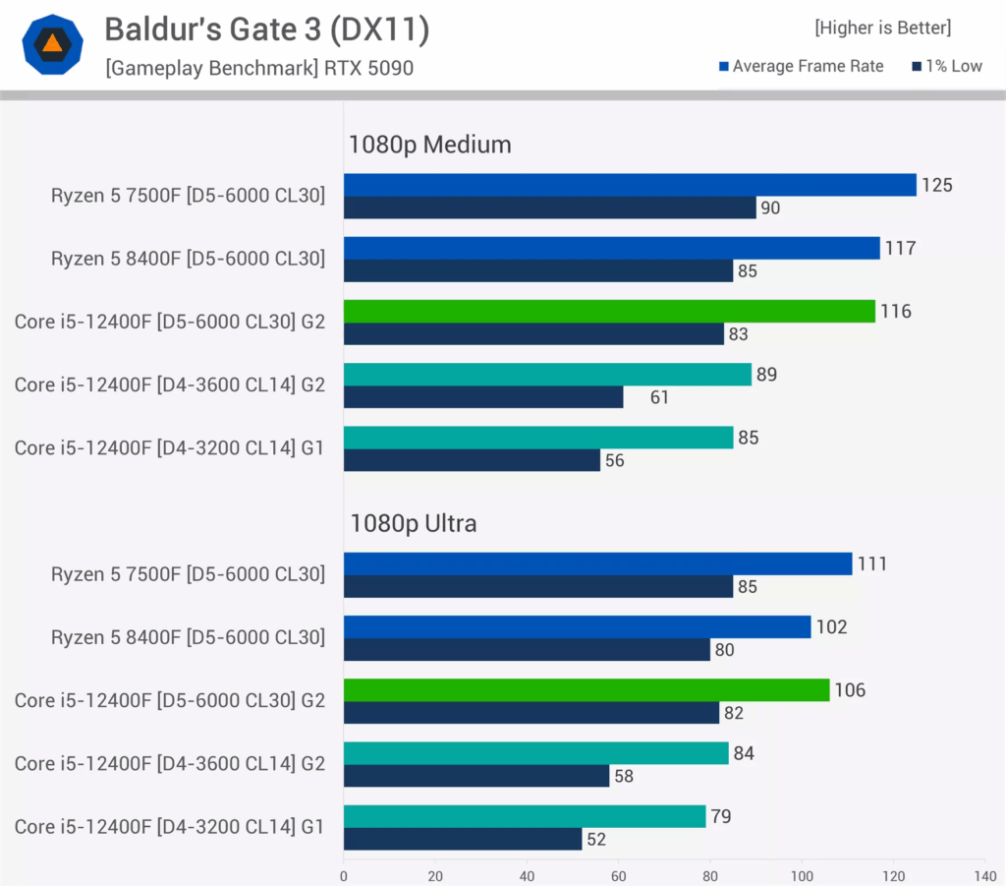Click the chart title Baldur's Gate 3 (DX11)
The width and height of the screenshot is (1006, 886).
click(x=267, y=30)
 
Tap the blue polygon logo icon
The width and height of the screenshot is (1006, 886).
click(x=52, y=44)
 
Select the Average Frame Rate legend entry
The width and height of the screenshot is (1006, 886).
click(x=802, y=66)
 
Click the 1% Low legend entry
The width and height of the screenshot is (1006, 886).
click(x=947, y=66)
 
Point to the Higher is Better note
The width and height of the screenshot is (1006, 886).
click(x=882, y=28)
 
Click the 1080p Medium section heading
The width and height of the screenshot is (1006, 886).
click(x=430, y=145)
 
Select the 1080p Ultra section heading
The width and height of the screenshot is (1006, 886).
click(x=414, y=523)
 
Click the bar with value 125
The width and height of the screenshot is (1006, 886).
click(x=630, y=185)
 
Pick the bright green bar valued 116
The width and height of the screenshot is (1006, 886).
click(x=609, y=311)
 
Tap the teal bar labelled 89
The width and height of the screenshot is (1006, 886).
click(x=547, y=374)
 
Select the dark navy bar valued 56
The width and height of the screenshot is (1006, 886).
click(x=472, y=460)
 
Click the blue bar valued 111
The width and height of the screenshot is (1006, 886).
click(x=597, y=563)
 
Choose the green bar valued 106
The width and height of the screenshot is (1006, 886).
click(x=587, y=689)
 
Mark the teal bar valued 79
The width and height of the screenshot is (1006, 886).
click(x=525, y=816)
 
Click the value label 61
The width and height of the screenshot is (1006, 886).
click(x=660, y=397)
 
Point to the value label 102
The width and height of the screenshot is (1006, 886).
click(x=831, y=626)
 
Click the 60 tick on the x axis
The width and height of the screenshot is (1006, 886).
click(x=619, y=874)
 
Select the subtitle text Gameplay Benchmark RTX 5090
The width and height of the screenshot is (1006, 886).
click(x=259, y=68)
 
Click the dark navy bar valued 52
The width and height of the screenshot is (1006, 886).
click(x=463, y=839)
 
